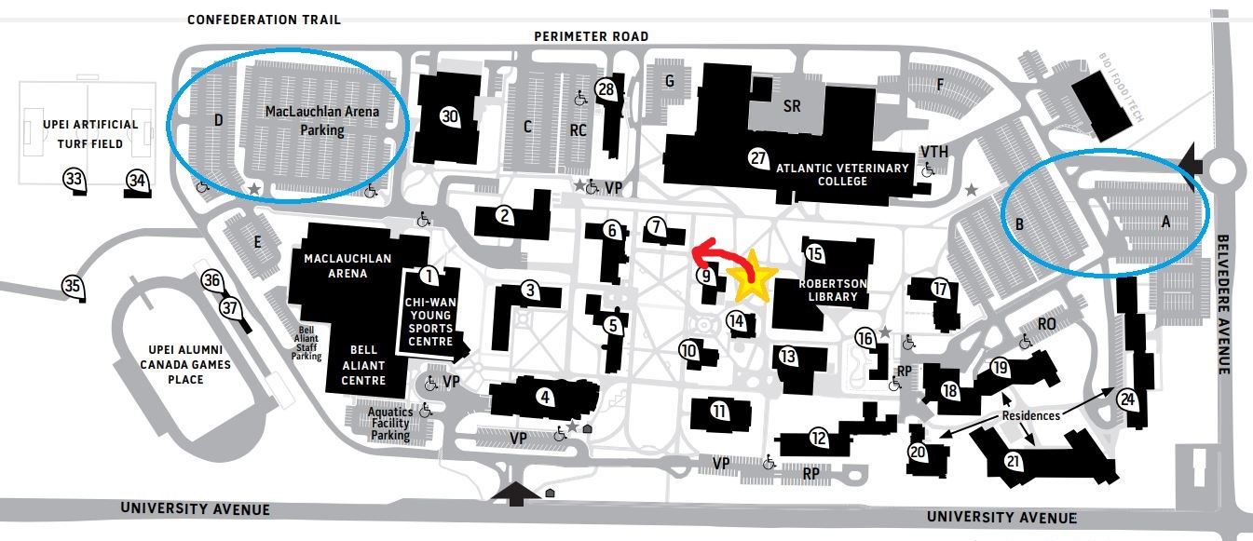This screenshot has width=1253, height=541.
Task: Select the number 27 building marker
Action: tap(758, 158)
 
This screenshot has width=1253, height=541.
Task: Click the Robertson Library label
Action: tap(832, 291)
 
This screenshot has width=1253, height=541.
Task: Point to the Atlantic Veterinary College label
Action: tap(842, 174)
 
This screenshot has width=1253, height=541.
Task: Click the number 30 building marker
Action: tap(450, 116)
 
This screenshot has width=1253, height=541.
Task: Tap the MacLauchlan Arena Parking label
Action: tap(322, 121)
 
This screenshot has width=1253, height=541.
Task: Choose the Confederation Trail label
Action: tap(264, 20)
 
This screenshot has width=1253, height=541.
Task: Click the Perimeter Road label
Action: tap(592, 36)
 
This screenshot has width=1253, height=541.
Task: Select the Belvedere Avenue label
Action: tap(1223, 304)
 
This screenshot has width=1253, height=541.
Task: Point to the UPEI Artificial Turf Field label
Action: tap(90, 134)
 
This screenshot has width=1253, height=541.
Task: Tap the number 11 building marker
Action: tap(719, 412)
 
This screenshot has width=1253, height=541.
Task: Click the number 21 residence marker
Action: tap(1013, 462)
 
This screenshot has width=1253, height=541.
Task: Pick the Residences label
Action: tap(1031, 416)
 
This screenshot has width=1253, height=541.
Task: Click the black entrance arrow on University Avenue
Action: tap(515, 494)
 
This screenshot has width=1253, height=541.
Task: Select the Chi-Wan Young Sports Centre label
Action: tap(430, 322)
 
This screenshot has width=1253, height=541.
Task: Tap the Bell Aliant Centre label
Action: tap(363, 365)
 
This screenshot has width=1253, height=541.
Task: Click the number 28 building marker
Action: tap(606, 90)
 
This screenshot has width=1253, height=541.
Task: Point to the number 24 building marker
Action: tap(1127, 400)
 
